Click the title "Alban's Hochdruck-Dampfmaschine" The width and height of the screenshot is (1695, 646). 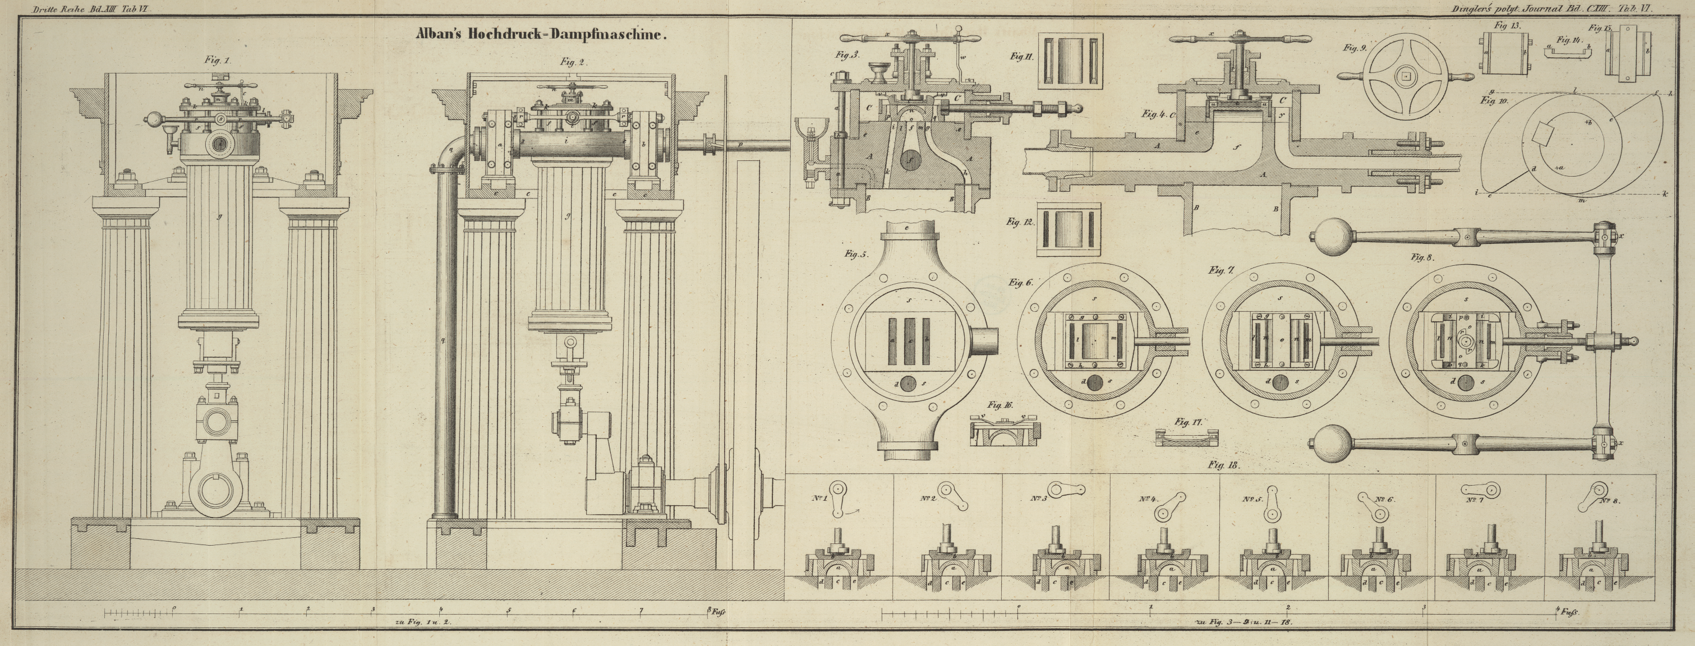541,35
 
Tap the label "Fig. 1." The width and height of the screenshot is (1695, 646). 217,61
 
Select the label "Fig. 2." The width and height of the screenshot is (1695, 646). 573,62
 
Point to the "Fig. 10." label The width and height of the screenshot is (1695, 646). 1494,100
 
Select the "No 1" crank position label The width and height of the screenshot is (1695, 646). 819,498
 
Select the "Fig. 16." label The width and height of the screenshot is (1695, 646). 1000,405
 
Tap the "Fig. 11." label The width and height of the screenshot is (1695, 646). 1021,57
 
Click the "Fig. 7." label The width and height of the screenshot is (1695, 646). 1222,270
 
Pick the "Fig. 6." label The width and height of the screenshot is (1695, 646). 1021,282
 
